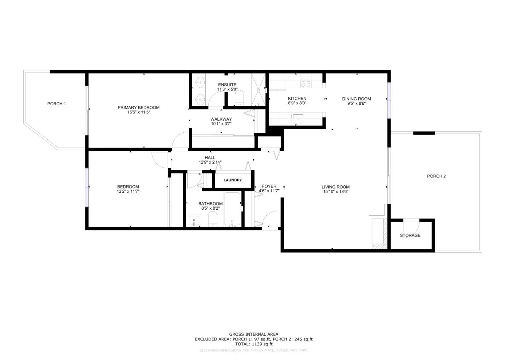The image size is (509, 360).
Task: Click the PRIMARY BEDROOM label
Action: [139, 108]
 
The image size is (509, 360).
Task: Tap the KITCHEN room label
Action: [297, 99]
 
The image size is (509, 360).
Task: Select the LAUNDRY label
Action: [233, 180]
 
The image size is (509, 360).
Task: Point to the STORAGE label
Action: [410, 235]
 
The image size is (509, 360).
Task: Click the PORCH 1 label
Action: [57, 104]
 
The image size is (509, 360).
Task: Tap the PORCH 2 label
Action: [436, 176]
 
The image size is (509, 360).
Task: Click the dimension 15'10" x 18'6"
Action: [335, 192]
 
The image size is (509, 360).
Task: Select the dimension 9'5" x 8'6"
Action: [356, 104]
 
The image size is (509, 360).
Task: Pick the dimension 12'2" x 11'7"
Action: [128, 191]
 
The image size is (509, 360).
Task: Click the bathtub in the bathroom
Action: [232, 209]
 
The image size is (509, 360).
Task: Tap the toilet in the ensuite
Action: [239, 98]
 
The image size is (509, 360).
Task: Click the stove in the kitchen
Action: [305, 82]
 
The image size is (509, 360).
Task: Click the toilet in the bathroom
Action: [213, 219]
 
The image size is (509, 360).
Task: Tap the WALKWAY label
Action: [221, 119]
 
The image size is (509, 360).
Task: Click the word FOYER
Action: [269, 186]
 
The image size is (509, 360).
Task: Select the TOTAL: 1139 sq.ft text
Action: [253, 344]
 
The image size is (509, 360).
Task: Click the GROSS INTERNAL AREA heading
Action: [253, 334]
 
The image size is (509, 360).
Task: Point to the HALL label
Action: [210, 158]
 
